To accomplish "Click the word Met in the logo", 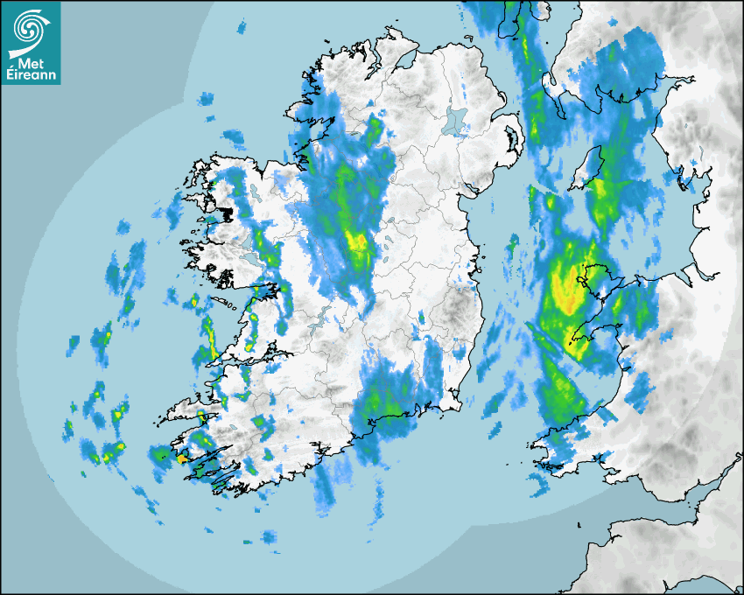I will click(x=30, y=65).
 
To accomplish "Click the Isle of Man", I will click(x=589, y=166).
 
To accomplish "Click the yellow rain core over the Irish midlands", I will click(x=356, y=241).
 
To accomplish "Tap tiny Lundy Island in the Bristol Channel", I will click(x=579, y=525).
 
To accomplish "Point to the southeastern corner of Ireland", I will click(x=459, y=403).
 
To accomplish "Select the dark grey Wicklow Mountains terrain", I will click(x=457, y=311).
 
